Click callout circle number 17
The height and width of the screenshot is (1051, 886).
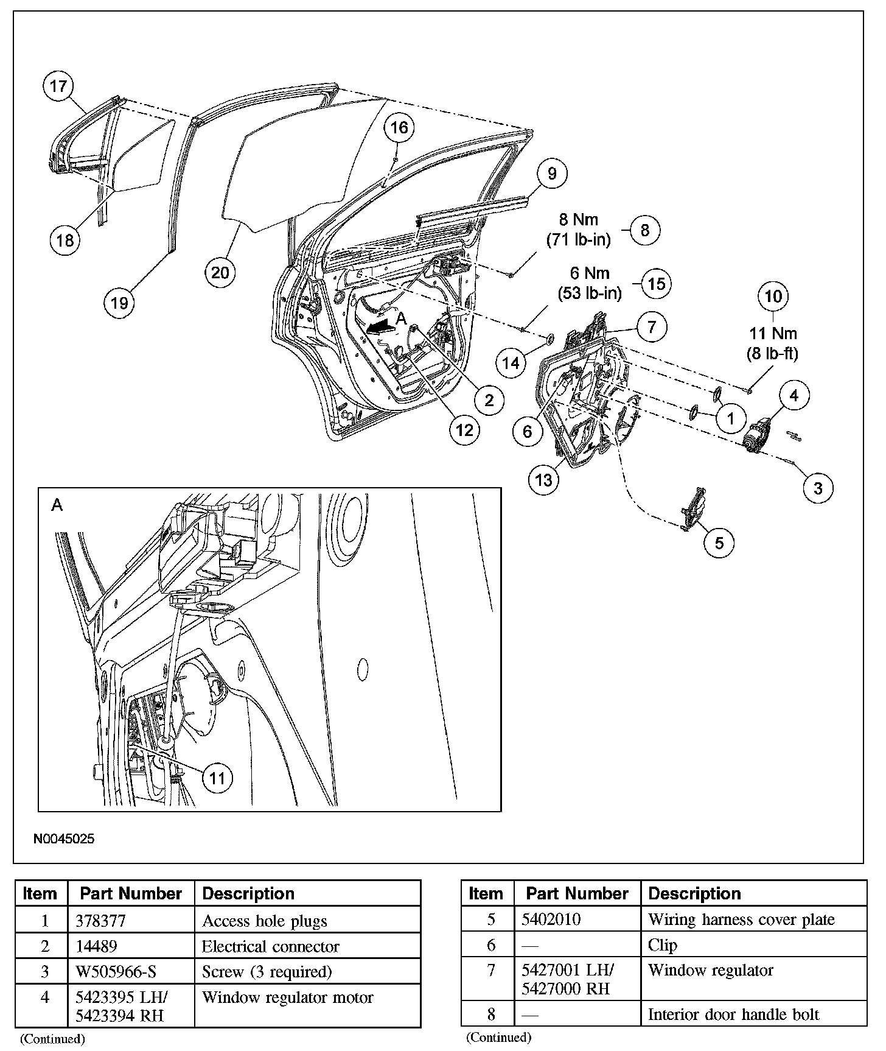point(58,86)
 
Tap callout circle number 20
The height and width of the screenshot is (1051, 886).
point(220,271)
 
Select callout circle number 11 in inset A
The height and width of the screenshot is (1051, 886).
point(217,778)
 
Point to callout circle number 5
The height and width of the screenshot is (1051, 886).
point(719,542)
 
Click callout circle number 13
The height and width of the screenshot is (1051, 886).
point(543,479)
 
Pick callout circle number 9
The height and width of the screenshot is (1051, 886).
point(551,174)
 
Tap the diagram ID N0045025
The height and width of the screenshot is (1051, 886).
point(64,838)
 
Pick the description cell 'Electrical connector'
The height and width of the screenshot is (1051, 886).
point(270,946)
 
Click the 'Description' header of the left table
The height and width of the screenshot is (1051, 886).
point(248,893)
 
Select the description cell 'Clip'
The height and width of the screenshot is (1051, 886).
point(662,945)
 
